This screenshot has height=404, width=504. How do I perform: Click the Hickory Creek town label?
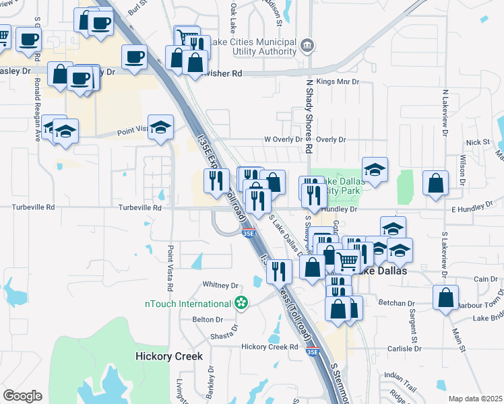tap(168, 356)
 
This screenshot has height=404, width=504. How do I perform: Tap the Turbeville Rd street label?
tap(140, 208)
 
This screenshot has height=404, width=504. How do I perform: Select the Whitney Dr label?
tap(225, 285)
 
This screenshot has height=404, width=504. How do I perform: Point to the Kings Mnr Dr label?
tap(338, 81)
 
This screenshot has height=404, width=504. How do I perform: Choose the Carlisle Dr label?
tap(404, 349)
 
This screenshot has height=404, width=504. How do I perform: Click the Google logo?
tap(22, 396)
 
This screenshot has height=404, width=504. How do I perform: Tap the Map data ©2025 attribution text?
tap(475, 399)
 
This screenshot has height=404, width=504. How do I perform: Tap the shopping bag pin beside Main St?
tap(445, 297)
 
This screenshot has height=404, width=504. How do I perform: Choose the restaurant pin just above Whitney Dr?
tap(278, 271)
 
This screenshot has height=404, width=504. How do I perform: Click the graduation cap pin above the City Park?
tap(375, 168)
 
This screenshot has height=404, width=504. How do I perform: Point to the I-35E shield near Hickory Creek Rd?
tap(311, 351)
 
